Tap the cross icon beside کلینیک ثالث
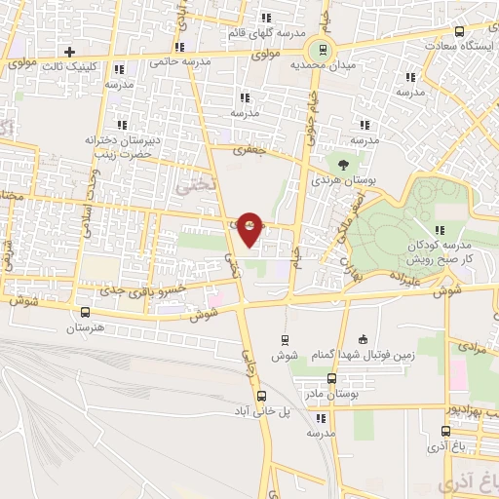tap(68, 52)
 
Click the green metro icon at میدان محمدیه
tap(318, 51)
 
